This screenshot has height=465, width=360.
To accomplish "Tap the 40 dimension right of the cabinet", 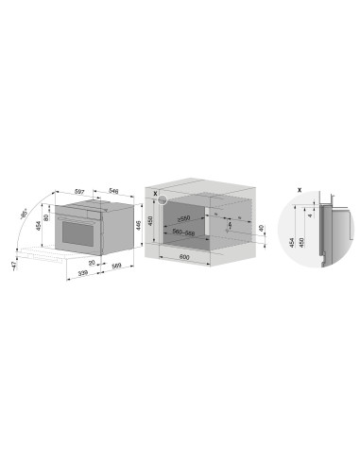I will pyautogui.click(x=261, y=230).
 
